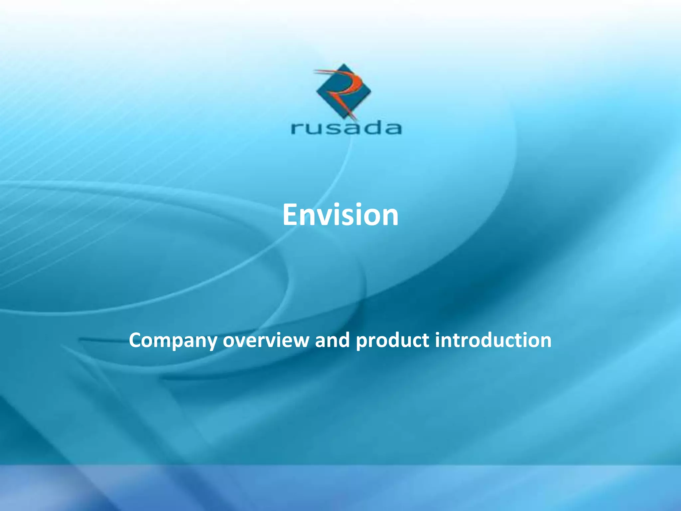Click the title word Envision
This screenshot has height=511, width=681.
pos(340,215)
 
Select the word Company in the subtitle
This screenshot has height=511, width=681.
pos(173,341)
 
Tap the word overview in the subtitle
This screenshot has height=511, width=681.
pos(266,341)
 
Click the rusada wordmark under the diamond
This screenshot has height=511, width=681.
pos(346,128)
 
